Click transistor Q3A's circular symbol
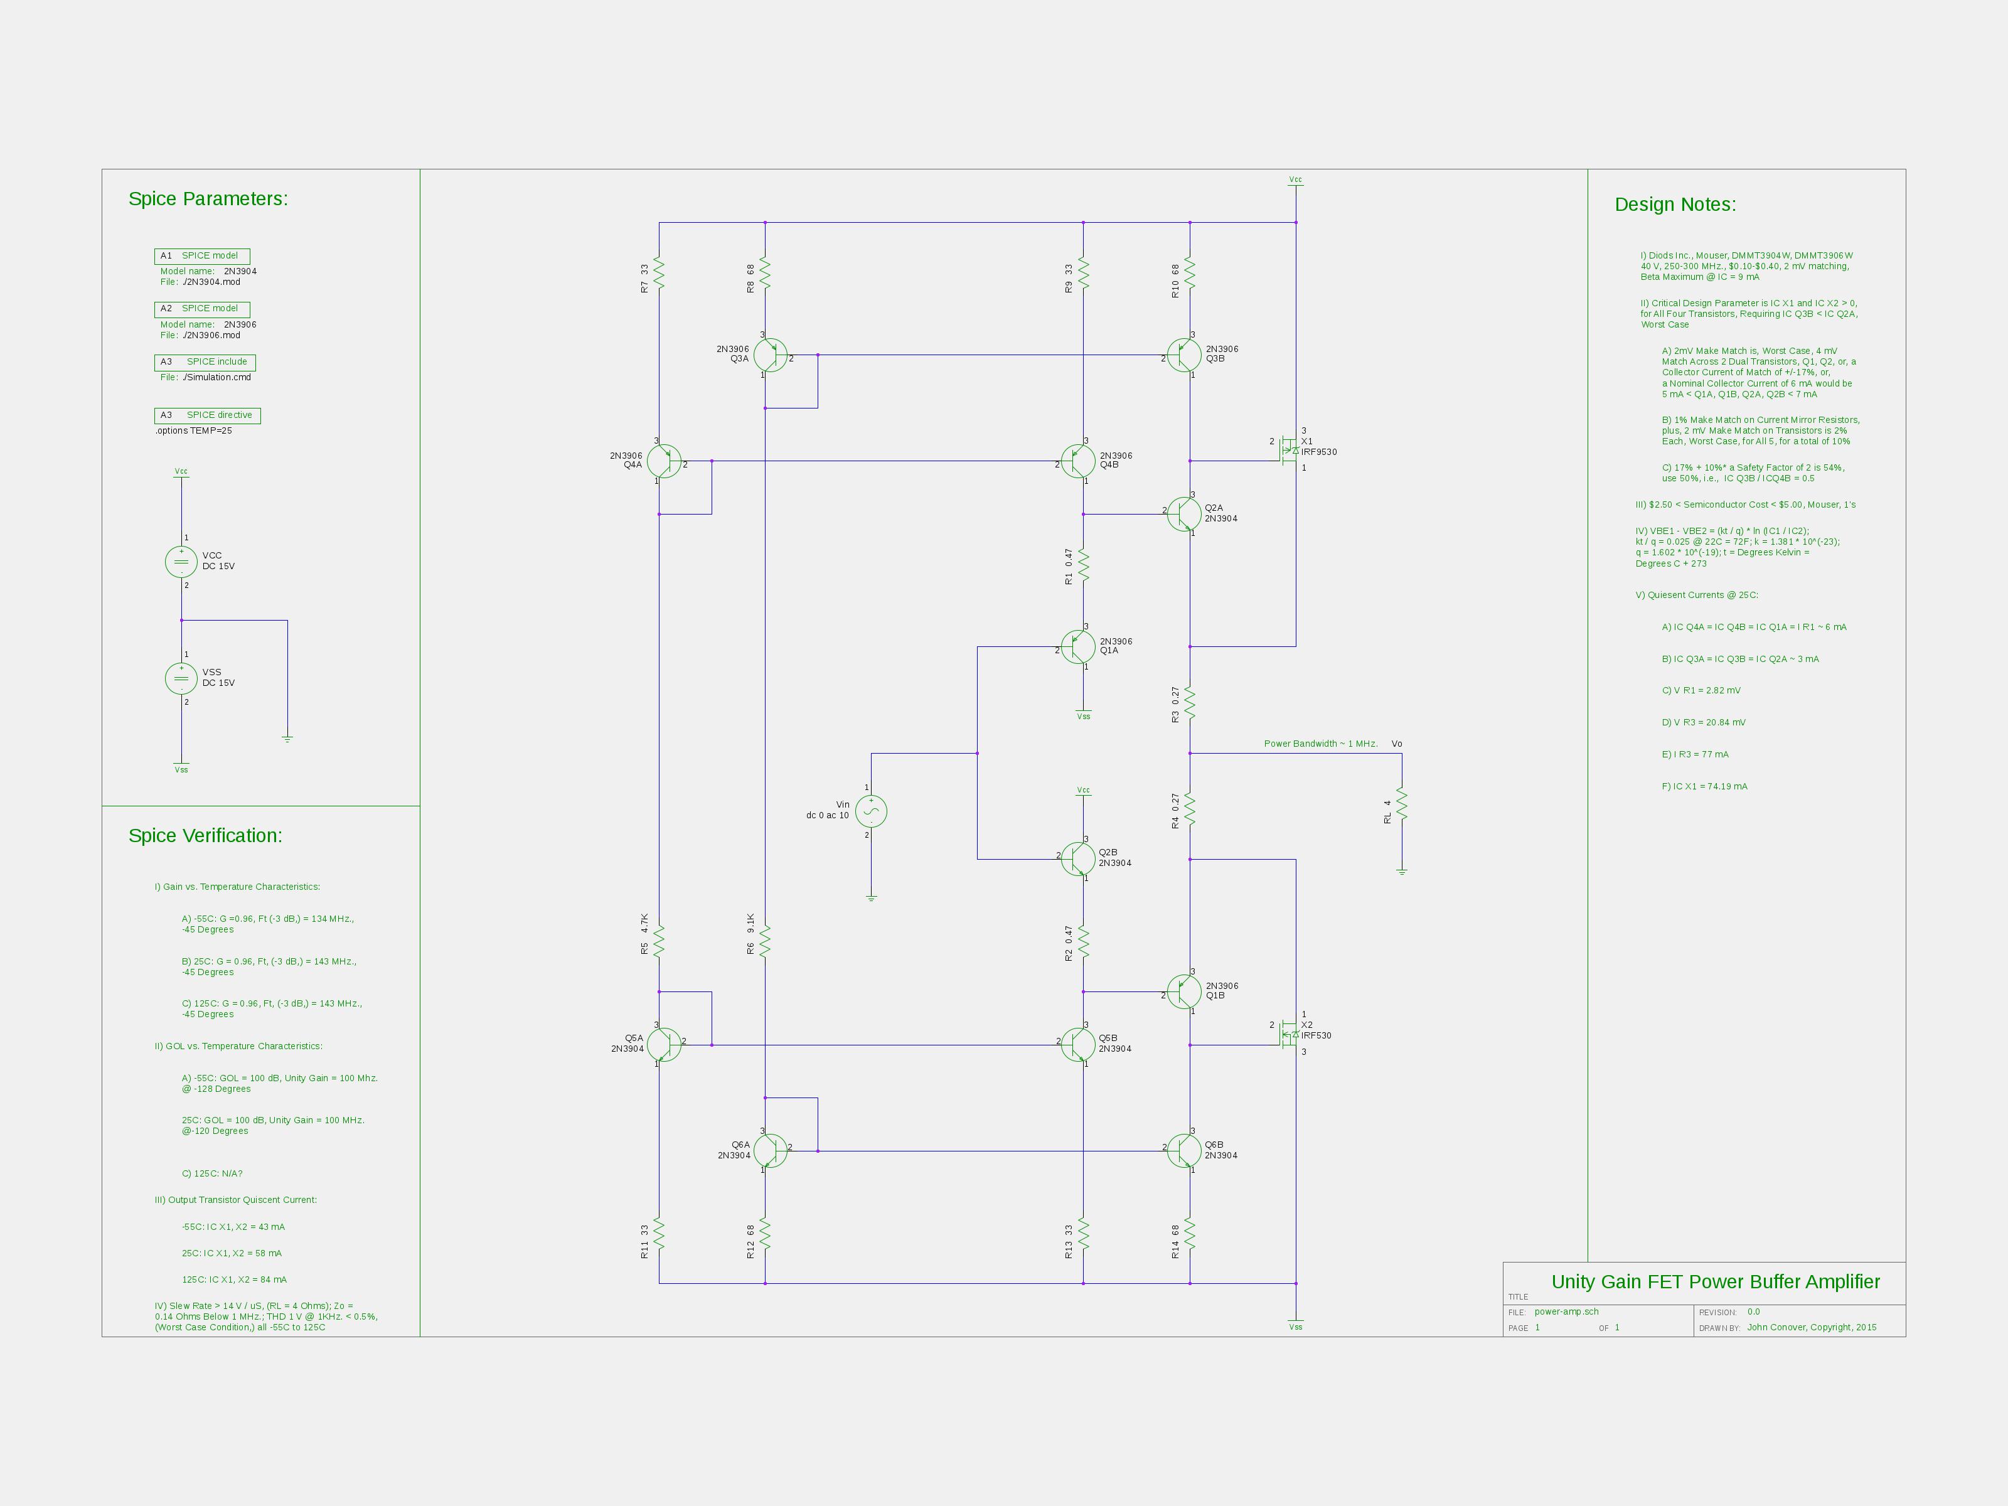coord(770,355)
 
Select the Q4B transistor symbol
coord(1077,461)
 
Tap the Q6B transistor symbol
coord(1183,1151)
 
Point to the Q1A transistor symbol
coord(1077,647)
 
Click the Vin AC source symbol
coord(872,811)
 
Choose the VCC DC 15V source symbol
coord(181,562)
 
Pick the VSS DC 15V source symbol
coord(181,679)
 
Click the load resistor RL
coord(1402,805)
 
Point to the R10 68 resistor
coord(1190,275)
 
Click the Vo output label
coord(1397,744)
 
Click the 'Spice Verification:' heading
coord(205,836)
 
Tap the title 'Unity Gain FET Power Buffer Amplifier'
coord(1716,1282)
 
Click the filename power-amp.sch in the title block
coord(1567,1311)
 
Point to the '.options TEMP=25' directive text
coord(193,431)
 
